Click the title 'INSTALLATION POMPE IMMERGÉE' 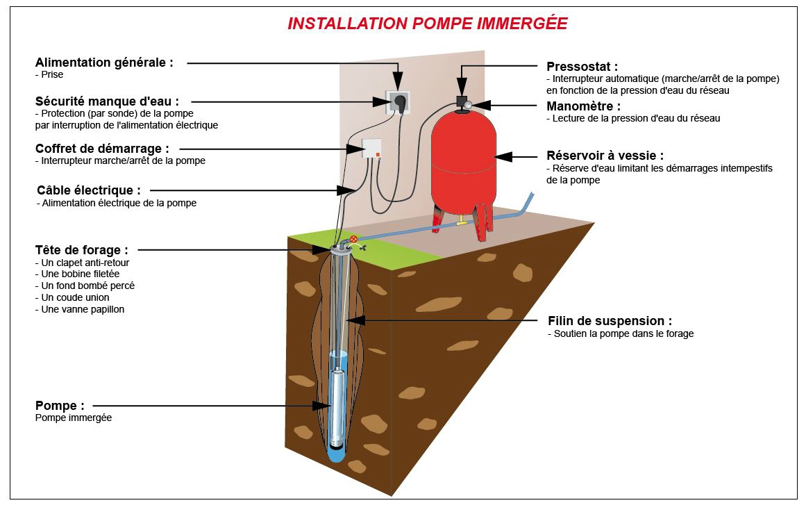pos(427,24)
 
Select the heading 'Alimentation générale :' pos(104,62)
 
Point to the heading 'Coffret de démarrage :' pos(102,149)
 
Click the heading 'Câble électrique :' pos(89,190)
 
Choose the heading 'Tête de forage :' pos(81,249)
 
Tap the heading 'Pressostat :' pos(582,67)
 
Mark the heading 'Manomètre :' pos(583,106)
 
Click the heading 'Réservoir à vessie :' pos(605,156)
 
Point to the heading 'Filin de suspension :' pos(610,321)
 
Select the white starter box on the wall pos(371,149)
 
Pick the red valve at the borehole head pos(354,239)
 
